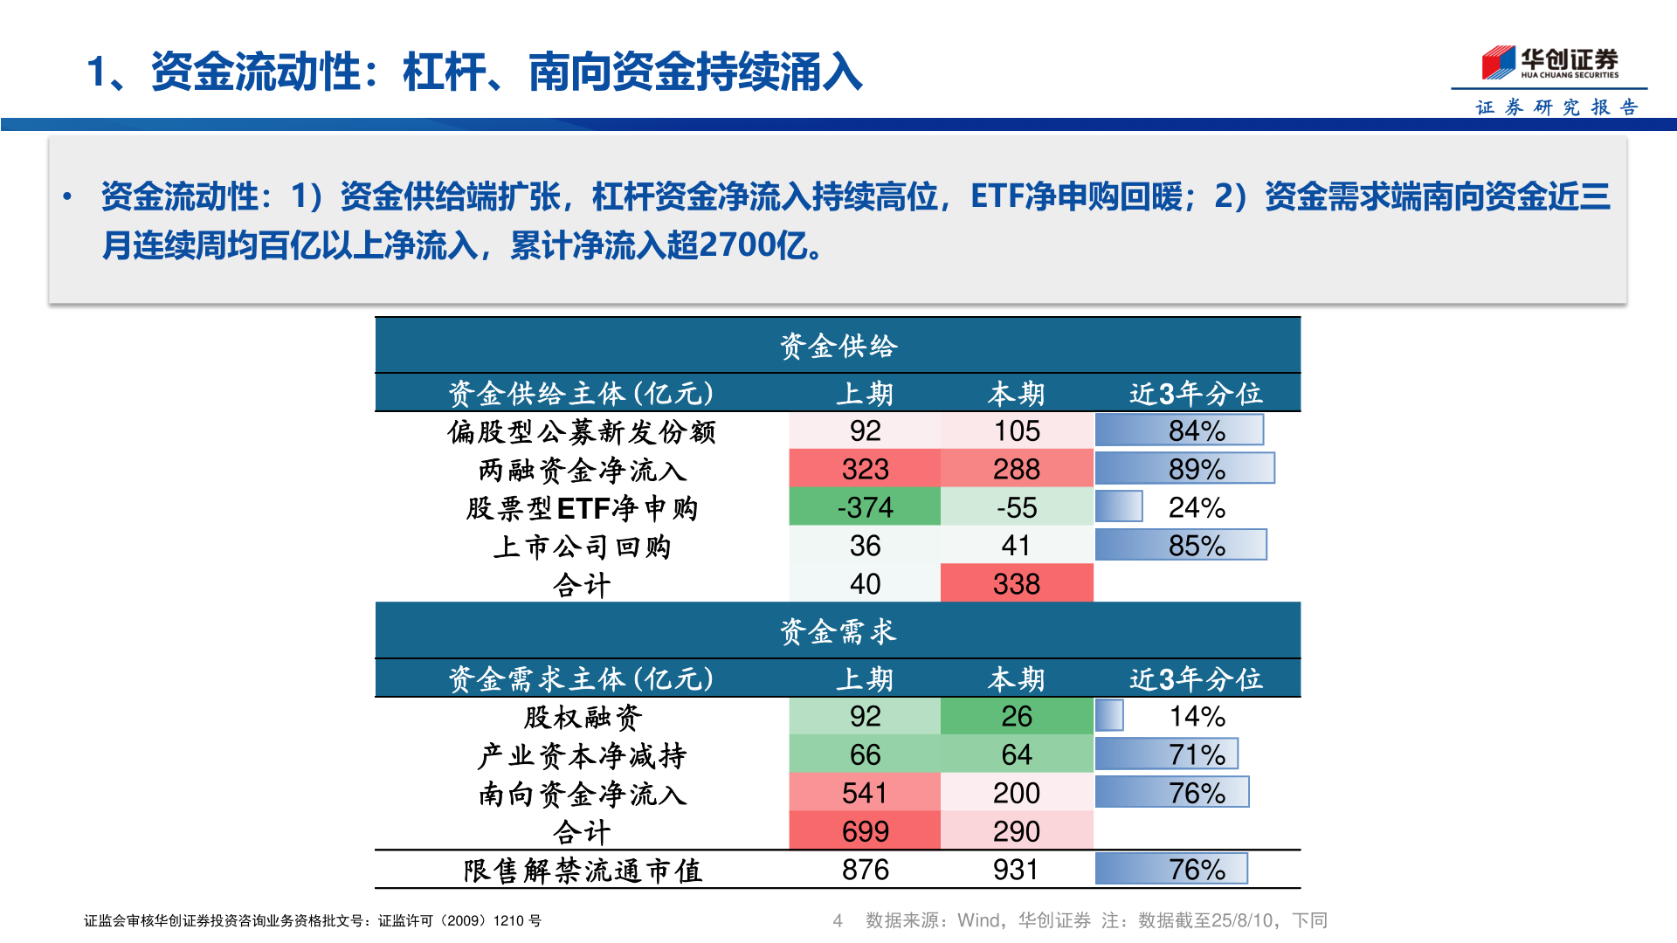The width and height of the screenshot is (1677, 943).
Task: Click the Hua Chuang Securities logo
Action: pyautogui.click(x=1549, y=63)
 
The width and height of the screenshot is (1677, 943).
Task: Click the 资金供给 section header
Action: pyautogui.click(x=838, y=347)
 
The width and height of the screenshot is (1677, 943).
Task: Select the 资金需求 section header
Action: pyautogui.click(x=838, y=631)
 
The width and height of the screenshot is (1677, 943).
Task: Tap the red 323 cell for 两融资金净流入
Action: pyautogui.click(x=865, y=469)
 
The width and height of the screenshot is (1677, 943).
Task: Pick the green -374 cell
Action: pyautogui.click(x=865, y=507)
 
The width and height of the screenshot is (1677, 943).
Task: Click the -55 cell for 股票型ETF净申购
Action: pyautogui.click(x=1017, y=507)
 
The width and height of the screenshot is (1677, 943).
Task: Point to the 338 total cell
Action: pyautogui.click(x=1017, y=584)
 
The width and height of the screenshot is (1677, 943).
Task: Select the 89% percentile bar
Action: pyautogui.click(x=1184, y=469)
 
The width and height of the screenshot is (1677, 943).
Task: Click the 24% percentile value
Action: pyautogui.click(x=1197, y=507)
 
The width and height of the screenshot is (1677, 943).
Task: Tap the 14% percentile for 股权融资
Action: pyautogui.click(x=1197, y=716)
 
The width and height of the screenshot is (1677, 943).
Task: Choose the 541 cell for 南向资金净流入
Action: pyautogui.click(x=865, y=793)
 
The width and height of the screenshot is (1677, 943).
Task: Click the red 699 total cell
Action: pyautogui.click(x=865, y=831)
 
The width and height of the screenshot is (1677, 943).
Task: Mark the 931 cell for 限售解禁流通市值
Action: pyautogui.click(x=1017, y=870)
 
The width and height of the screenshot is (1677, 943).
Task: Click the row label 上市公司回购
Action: pyautogui.click(x=582, y=547)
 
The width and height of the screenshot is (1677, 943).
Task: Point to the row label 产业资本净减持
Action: pyautogui.click(x=582, y=755)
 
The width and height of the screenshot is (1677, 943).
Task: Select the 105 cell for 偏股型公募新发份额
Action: pyautogui.click(x=1017, y=430)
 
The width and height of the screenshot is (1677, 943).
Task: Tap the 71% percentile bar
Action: pyautogui.click(x=1167, y=754)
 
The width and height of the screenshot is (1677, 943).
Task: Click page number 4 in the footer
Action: pyautogui.click(x=838, y=920)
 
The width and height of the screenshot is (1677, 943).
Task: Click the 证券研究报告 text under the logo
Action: pyautogui.click(x=1556, y=107)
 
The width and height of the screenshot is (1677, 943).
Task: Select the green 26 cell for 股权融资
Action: pyautogui.click(x=1017, y=716)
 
